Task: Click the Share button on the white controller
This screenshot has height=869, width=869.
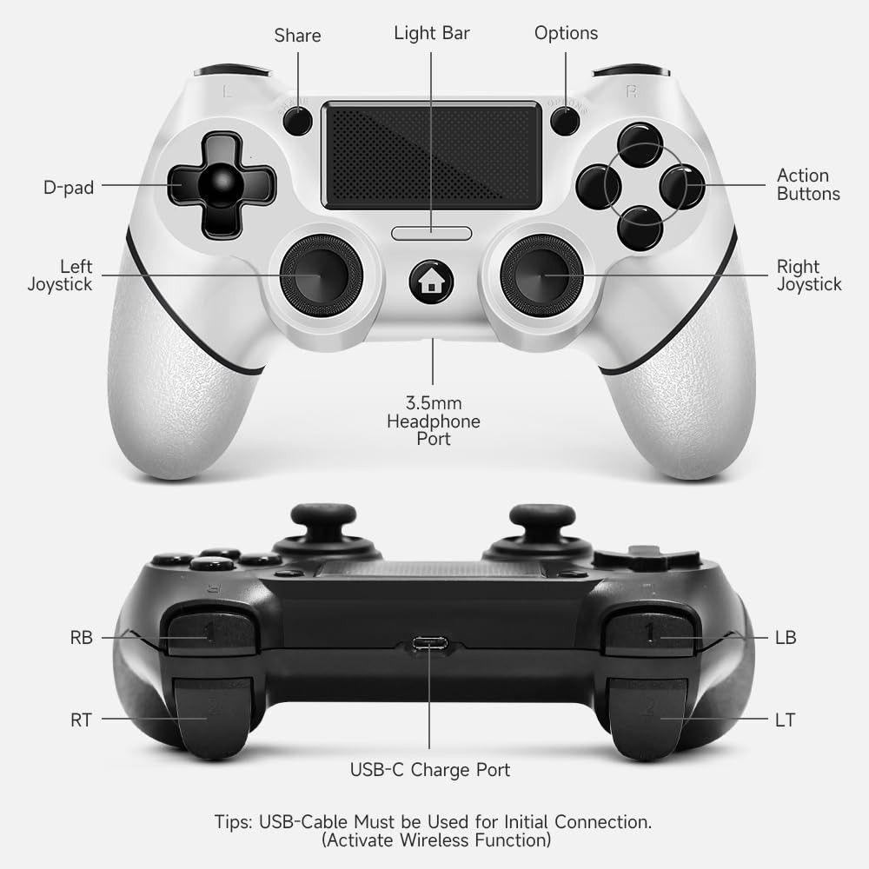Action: pos(297,121)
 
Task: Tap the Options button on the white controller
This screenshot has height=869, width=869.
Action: pos(565,121)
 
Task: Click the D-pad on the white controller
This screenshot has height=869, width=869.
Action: pos(221,185)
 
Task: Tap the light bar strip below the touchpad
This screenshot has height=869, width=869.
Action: pos(431,233)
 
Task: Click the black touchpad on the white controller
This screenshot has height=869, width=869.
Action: pos(431,156)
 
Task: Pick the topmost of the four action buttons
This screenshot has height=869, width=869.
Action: pos(640,143)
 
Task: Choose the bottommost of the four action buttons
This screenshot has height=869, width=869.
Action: pos(640,228)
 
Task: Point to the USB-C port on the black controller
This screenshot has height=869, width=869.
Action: pos(430,644)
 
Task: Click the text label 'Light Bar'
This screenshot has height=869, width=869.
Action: pos(431,33)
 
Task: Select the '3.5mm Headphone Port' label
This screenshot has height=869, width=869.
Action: pos(433,421)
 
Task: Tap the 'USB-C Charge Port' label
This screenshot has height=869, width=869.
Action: pos(429,769)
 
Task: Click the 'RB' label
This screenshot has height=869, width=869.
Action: pos(81,638)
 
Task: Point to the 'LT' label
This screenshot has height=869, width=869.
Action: pos(785,720)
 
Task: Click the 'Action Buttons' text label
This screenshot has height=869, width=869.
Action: pos(808,184)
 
